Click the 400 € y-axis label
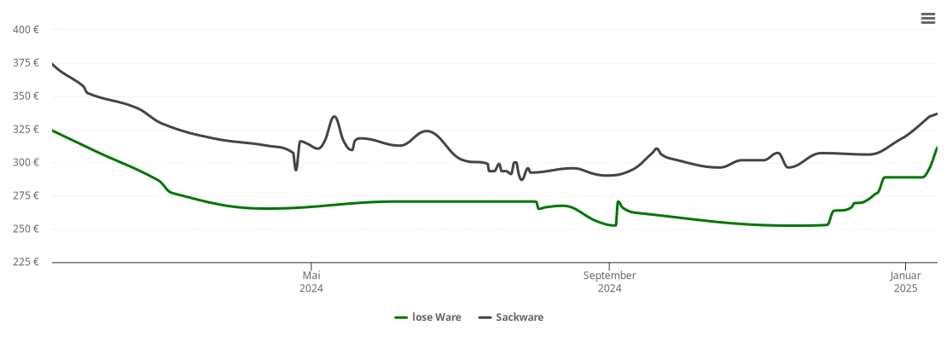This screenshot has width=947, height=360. tap(26, 30)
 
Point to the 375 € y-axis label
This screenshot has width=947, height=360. tap(26, 63)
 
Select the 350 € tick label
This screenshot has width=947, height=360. tap(26, 96)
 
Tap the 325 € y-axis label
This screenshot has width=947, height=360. tap(26, 130)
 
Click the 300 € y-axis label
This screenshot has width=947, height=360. tap(26, 163)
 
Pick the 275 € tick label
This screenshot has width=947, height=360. tap(26, 196)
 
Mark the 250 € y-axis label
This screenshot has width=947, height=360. tap(26, 229)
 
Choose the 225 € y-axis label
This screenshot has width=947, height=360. tap(26, 262)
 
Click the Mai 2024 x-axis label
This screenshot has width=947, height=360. tap(311, 282)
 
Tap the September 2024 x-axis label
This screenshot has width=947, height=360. tap(609, 282)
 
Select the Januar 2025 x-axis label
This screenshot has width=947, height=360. tap(905, 282)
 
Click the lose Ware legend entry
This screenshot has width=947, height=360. tap(427, 317)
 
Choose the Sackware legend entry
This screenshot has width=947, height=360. tap(510, 317)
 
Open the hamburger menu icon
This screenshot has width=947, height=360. tap(928, 19)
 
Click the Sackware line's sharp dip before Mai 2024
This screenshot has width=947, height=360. tap(296, 170)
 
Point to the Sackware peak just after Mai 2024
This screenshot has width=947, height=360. tap(334, 116)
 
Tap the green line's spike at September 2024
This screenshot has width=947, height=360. tap(618, 201)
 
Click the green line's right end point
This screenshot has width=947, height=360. tap(937, 148)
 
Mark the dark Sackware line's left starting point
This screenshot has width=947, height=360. tap(53, 64)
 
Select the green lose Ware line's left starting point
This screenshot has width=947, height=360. tap(53, 131)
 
